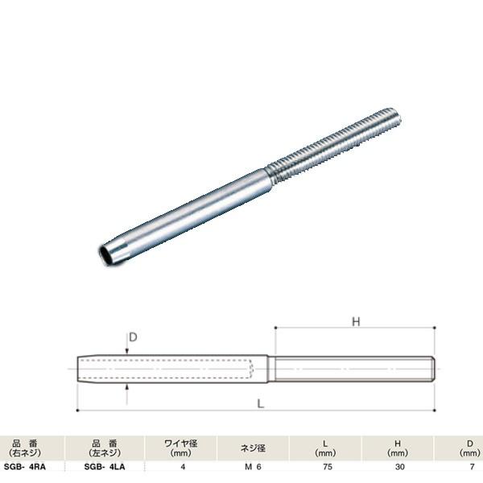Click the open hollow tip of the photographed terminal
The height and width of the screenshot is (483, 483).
click(x=105, y=255)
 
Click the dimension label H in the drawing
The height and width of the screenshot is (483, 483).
click(x=355, y=322)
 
